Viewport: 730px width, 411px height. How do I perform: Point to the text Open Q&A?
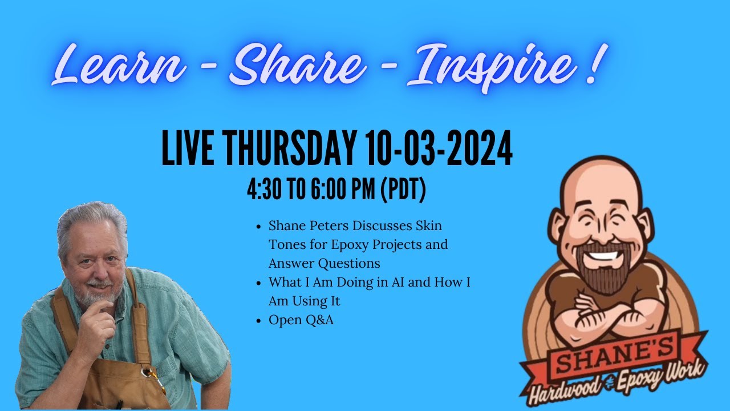point(301,320)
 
